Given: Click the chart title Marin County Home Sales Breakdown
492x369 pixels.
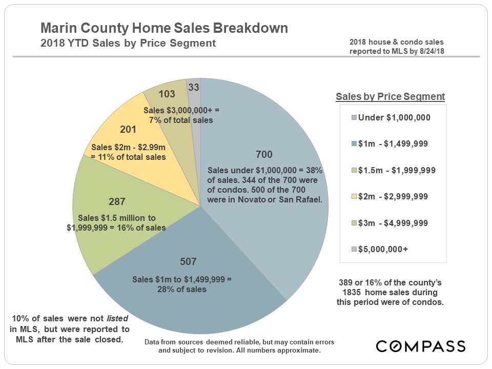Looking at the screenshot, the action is (164, 28).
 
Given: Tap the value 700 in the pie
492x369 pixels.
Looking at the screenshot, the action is (264, 154).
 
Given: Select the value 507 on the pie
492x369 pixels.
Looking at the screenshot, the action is (188, 261).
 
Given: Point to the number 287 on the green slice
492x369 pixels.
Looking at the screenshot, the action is (117, 201).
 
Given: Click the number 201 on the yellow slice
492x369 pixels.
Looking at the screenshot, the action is (128, 129).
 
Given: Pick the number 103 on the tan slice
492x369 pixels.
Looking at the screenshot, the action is (167, 94).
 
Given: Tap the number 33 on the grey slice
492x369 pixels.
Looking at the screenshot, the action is (194, 87).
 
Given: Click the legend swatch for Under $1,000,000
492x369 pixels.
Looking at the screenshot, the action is (354, 118).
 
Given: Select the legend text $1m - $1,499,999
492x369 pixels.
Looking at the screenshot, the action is (393, 143).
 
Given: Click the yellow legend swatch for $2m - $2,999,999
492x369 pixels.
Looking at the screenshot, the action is (354, 196).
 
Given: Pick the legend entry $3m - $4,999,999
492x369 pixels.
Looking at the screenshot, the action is (393, 223).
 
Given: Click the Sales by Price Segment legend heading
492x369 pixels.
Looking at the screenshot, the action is (391, 97).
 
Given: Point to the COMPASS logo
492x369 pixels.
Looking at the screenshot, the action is (420, 346).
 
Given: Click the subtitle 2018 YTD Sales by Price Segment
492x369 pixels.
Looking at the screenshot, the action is (128, 43).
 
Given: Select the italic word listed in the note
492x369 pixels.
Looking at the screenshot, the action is (117, 318).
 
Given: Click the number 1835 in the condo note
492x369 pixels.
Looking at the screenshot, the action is (351, 293).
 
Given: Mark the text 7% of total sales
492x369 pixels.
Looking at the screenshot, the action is (181, 120).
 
